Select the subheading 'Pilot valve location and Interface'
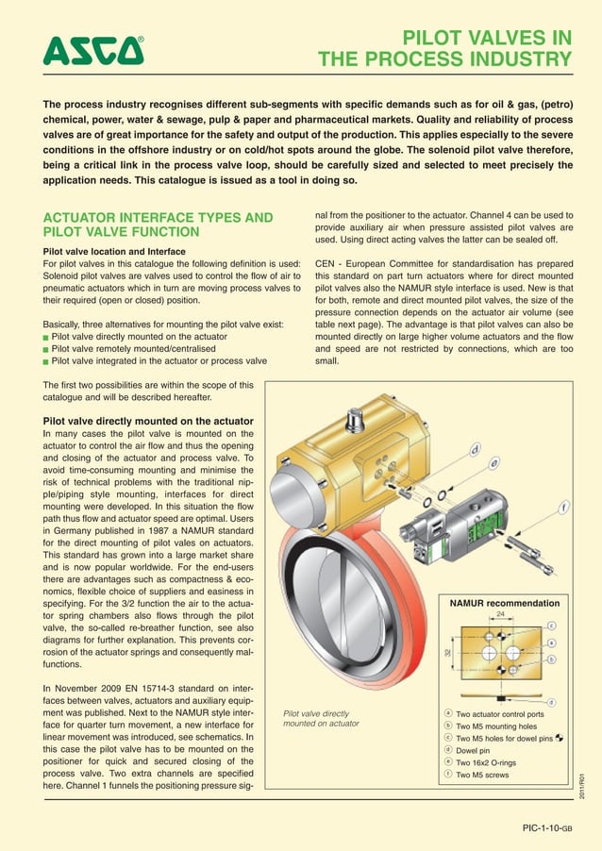[x=114, y=252]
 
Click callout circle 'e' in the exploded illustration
[x=493, y=464]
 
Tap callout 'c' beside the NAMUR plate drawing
[x=551, y=626]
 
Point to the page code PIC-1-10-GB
[x=547, y=829]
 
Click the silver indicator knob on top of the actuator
[x=357, y=419]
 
